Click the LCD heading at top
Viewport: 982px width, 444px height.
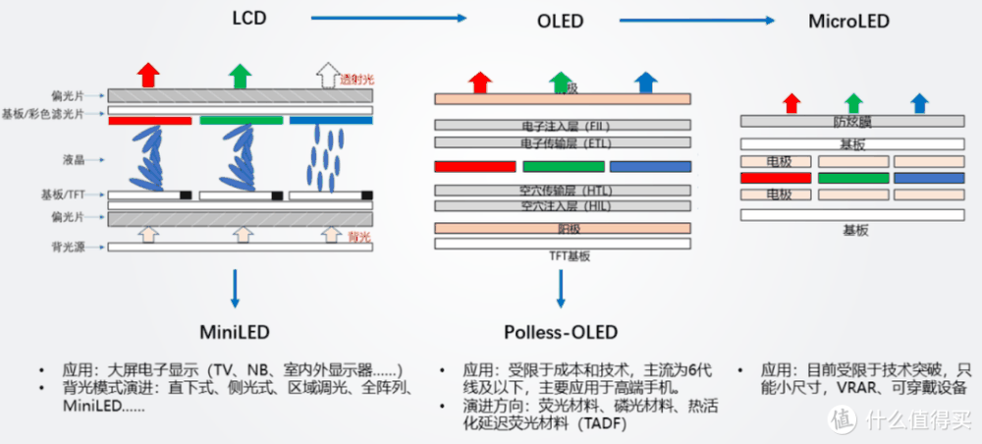pos(250,18)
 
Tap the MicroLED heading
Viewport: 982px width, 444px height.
pos(851,20)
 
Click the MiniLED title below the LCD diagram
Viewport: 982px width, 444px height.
pos(234,331)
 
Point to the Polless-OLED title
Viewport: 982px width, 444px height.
pos(562,331)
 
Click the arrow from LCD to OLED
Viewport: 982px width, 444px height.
pos(387,17)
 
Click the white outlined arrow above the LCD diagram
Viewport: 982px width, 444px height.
pos(325,74)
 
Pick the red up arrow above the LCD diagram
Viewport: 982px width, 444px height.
pos(147,74)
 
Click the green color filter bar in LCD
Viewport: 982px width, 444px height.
pos(240,121)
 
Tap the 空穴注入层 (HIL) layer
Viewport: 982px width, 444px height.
pos(563,206)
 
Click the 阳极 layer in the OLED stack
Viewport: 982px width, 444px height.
pos(563,228)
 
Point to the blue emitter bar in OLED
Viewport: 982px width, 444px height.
pos(650,166)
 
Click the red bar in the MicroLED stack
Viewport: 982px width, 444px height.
pos(776,178)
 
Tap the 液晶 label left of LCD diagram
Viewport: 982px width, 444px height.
pos(71,157)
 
